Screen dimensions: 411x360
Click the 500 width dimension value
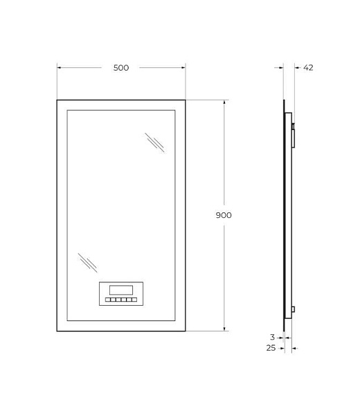coord(121,68)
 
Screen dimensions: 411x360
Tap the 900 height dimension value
coord(223,215)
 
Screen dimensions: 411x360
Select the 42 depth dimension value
coord(309,68)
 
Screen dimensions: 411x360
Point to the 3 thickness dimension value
coord(273,338)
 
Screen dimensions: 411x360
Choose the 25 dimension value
coord(271,347)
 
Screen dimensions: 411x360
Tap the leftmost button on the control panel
coord(108,301)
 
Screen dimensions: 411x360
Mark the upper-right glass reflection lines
coord(154,142)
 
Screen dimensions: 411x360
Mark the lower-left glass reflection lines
coord(87,262)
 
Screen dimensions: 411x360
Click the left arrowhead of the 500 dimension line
coord(59,68)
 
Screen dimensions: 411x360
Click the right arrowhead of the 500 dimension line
coord(183,68)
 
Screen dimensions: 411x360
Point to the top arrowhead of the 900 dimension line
coord(224,102)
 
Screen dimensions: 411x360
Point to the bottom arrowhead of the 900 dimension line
coord(224,329)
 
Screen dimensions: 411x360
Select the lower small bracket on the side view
coord(294,310)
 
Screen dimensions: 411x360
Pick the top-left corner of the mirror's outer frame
coord(57,100)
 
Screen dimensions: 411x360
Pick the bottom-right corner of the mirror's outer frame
coord(186,331)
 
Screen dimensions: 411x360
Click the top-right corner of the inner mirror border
coord(175,110)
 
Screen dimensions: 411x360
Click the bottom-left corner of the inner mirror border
coord(66,322)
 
